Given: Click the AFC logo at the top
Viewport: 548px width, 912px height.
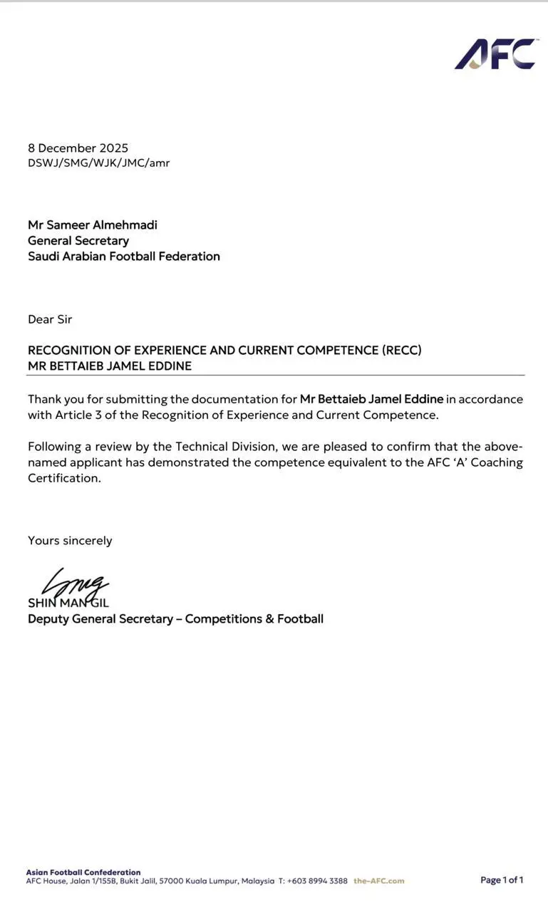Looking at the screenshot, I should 495,54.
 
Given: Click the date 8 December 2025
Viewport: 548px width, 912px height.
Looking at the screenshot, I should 78,148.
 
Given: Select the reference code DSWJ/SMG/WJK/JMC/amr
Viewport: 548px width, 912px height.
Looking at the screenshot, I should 98,163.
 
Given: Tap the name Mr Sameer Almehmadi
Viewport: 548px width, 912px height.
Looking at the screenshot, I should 93,225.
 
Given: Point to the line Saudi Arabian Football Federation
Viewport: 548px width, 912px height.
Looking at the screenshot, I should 124,256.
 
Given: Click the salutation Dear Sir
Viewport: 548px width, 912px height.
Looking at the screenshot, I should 50,319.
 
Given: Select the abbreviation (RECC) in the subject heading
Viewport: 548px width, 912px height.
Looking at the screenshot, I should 402,351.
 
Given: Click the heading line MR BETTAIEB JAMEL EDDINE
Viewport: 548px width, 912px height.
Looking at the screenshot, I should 110,366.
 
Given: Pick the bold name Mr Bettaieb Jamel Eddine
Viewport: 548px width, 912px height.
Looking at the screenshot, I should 371,399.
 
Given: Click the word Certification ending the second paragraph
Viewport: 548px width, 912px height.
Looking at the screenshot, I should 63,478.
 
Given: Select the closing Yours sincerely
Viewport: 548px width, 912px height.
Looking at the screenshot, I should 70,541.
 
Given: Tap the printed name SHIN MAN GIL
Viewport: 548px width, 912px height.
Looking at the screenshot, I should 68,603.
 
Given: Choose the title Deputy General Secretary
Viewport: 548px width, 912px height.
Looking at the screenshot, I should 100,619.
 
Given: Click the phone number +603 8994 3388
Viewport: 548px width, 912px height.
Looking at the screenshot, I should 317,881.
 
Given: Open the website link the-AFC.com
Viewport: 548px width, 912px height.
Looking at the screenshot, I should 378,881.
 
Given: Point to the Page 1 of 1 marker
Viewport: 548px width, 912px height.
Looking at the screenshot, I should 502,880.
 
